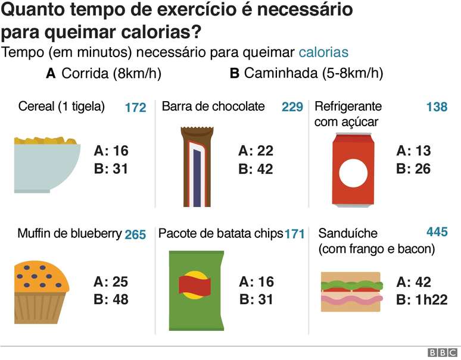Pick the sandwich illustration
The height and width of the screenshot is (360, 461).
351,292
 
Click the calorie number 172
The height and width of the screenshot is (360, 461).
135,108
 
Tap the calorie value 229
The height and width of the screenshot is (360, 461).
292,107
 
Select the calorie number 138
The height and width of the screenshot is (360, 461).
437,107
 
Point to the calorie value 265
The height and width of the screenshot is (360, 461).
135,234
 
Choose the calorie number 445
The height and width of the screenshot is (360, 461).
437,231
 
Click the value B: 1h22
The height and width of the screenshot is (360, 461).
422,300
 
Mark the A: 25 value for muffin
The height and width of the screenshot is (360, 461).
111,281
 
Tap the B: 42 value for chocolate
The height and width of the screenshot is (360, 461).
256,169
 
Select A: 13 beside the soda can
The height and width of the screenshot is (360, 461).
413,151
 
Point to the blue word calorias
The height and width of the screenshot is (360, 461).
323,52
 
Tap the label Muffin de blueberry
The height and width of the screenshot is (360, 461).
70,233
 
